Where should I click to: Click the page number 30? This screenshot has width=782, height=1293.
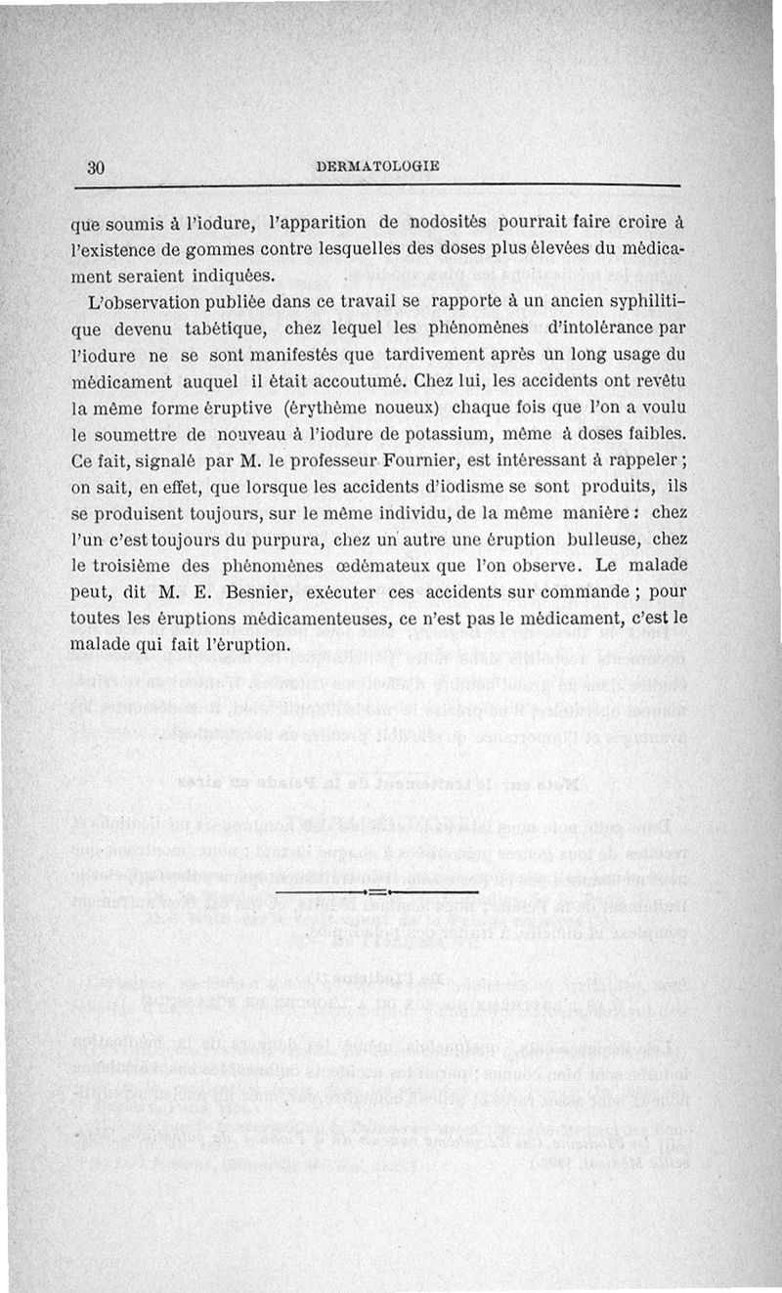(96, 166)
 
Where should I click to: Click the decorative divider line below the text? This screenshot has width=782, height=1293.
(377, 892)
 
